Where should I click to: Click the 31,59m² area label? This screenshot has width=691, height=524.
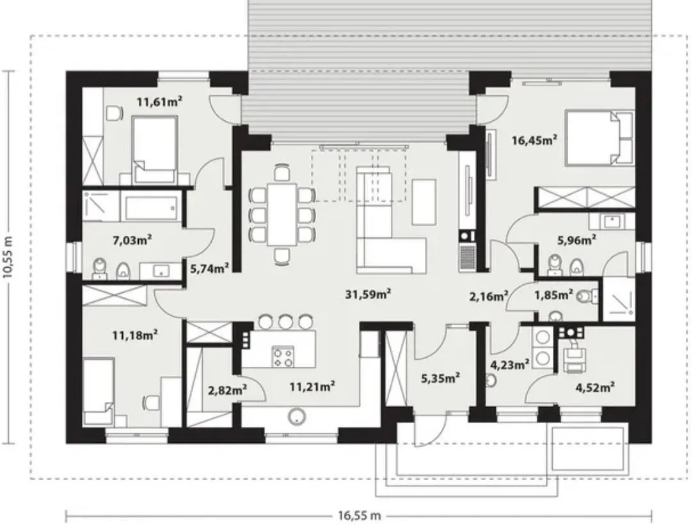368,294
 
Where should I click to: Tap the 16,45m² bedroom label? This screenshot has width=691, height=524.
534,141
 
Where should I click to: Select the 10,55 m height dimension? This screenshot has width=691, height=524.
8,257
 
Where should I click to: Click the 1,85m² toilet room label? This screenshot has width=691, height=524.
553,295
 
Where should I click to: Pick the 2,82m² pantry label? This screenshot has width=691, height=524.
227,389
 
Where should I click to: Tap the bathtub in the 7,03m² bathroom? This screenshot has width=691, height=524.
149,206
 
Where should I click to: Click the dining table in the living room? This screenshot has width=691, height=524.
282,215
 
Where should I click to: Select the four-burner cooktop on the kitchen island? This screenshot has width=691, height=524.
283,357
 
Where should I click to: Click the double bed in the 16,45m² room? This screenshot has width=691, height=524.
600,137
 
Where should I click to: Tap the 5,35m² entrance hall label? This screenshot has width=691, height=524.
441,378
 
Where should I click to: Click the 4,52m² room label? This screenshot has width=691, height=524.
596,387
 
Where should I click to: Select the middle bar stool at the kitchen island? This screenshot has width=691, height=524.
285,321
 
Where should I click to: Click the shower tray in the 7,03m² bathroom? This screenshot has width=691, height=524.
100,206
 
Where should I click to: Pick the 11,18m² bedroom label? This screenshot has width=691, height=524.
135,335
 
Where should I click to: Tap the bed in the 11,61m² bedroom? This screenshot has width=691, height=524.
155,150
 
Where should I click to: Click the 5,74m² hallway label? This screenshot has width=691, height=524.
209,268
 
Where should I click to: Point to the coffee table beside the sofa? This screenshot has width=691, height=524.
424,202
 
